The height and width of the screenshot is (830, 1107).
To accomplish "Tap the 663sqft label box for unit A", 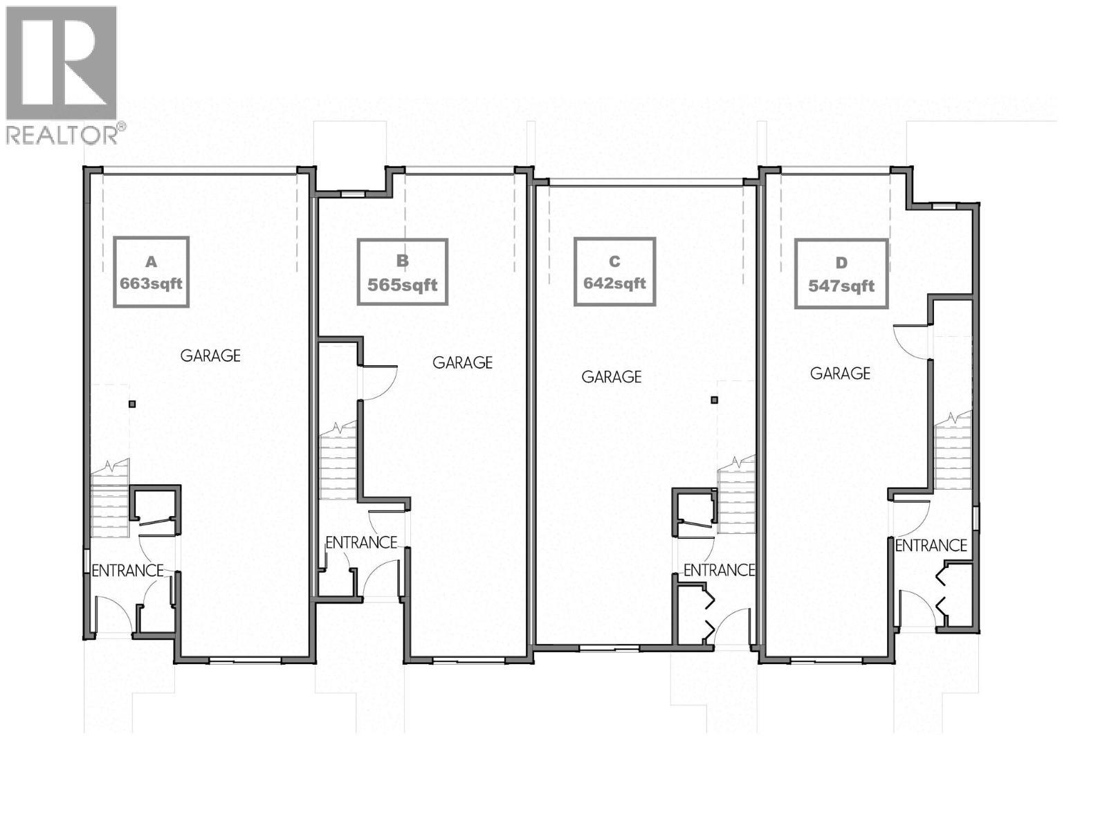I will pyautogui.click(x=152, y=272).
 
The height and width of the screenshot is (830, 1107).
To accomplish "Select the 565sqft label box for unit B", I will pyautogui.click(x=403, y=272).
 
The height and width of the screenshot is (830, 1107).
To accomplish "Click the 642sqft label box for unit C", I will pyautogui.click(x=614, y=271).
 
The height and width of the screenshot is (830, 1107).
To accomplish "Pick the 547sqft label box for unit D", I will pyautogui.click(x=841, y=274).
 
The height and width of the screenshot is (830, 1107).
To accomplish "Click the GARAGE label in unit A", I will pyautogui.click(x=210, y=356).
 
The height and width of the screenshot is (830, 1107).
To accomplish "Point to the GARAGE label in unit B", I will pyautogui.click(x=462, y=362).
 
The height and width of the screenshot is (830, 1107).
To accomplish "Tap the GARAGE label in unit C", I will pyautogui.click(x=611, y=377).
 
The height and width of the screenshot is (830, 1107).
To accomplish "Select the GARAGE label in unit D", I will pyautogui.click(x=840, y=373).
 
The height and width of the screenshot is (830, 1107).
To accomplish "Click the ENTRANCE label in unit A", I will pyautogui.click(x=127, y=571).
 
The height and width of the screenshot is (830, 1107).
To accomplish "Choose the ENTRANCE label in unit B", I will pyautogui.click(x=361, y=543).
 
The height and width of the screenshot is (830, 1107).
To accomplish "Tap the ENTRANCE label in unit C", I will pyautogui.click(x=719, y=570).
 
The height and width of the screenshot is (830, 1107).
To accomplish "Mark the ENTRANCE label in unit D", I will pyautogui.click(x=931, y=546).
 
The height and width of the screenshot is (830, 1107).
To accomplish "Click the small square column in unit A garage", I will pyautogui.click(x=132, y=404).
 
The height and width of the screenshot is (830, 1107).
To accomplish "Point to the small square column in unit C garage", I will pyautogui.click(x=715, y=400).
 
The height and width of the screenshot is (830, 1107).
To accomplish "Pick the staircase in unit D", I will pyautogui.click(x=953, y=453).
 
